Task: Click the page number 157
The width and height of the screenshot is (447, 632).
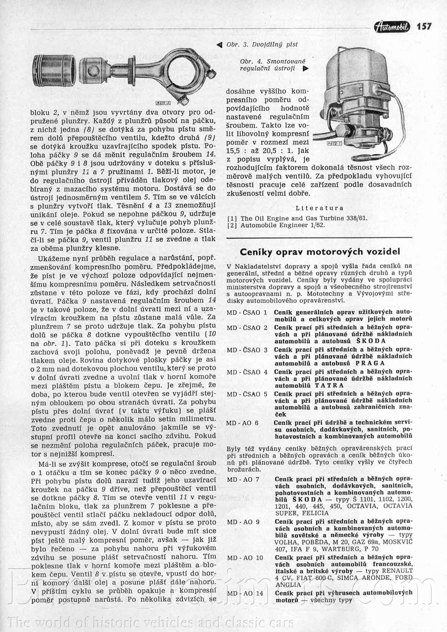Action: tap(424, 26)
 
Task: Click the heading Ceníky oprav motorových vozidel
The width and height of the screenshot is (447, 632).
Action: tap(320, 252)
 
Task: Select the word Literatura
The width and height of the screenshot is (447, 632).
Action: tap(320, 208)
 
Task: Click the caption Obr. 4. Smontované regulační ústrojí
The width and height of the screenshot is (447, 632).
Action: tap(270, 65)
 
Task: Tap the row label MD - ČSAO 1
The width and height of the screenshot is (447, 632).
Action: tap(247, 313)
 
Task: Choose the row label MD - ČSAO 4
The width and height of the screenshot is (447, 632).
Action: tap(247, 372)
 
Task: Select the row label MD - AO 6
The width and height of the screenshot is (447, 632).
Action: tap(242, 423)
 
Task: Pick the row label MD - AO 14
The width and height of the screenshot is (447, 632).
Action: tap(245, 593)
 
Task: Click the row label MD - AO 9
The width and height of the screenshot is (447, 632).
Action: tap(243, 522)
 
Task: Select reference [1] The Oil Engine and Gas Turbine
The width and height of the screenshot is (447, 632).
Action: tap(297, 218)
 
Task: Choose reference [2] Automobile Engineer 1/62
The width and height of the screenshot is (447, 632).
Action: tap(276, 225)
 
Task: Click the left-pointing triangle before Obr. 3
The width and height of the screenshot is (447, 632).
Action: tap(219, 45)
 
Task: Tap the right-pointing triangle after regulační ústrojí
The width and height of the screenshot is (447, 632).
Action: tap(305, 69)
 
